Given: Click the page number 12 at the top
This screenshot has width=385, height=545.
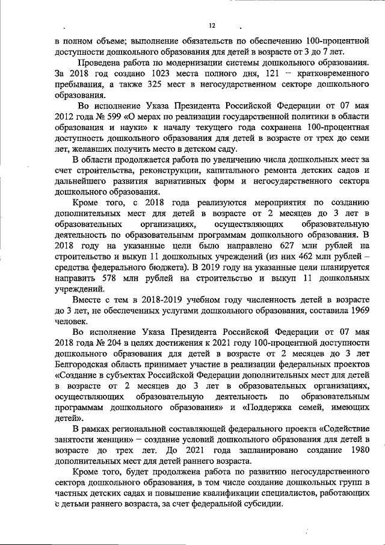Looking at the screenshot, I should point(211,26).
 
